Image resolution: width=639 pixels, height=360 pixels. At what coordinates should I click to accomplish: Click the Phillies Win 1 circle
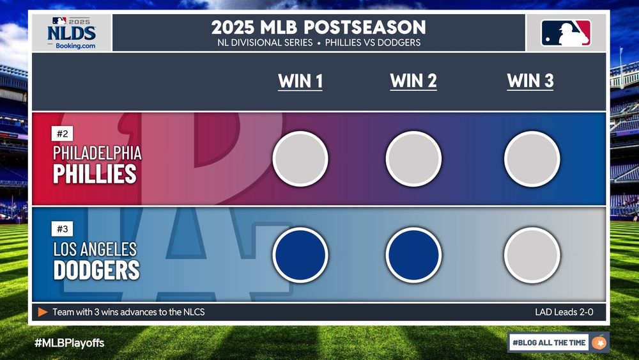click(x=300, y=159)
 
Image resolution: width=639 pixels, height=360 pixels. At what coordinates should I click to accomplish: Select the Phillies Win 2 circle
click(x=413, y=159)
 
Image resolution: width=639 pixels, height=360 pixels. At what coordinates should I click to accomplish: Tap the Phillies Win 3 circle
click(x=532, y=159)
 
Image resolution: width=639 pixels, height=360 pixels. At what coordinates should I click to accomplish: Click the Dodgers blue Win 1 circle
click(x=300, y=254)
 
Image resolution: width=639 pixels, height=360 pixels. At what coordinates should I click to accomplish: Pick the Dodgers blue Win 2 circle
click(x=413, y=254)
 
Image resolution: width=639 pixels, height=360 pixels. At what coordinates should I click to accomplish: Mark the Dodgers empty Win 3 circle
click(x=532, y=254)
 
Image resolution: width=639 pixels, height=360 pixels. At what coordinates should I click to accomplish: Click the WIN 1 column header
click(x=300, y=81)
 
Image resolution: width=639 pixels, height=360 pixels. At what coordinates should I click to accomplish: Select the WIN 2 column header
click(x=413, y=81)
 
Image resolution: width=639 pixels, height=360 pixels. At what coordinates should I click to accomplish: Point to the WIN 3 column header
click(x=530, y=81)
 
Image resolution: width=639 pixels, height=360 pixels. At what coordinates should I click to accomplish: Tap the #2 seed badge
click(x=63, y=134)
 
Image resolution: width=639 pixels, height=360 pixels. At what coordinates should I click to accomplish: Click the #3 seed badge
click(x=63, y=229)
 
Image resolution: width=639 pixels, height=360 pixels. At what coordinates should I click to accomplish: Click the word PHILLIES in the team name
click(x=95, y=174)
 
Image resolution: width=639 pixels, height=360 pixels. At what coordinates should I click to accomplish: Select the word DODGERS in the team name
click(x=96, y=270)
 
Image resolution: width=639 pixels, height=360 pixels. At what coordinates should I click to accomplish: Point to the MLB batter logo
click(x=566, y=33)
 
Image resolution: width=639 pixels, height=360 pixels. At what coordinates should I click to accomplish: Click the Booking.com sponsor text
click(x=75, y=45)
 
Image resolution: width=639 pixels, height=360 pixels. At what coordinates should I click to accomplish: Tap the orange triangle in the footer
click(x=43, y=312)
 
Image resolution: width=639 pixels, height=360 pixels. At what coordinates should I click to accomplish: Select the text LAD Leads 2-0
click(x=564, y=312)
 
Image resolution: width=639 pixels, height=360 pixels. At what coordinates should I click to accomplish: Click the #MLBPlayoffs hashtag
click(x=69, y=343)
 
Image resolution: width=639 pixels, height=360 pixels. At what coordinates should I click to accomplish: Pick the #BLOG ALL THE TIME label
click(x=549, y=343)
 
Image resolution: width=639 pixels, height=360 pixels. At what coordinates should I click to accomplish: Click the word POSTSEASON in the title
click(x=365, y=27)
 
